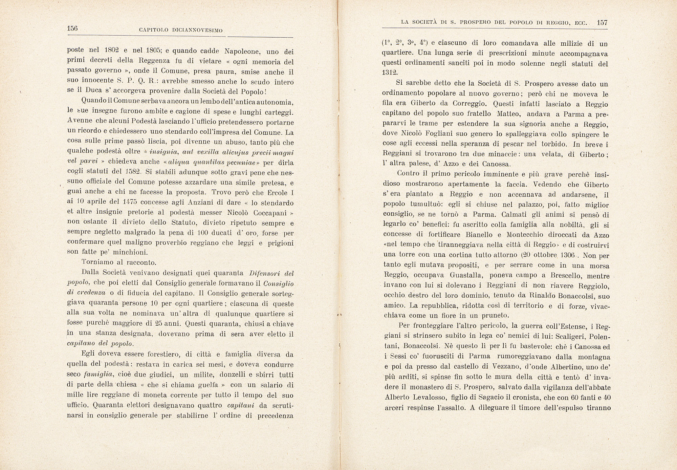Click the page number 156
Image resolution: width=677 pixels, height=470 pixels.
pos(72,28)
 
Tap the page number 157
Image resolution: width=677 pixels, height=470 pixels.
pos(602,23)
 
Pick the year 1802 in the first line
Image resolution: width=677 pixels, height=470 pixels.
pos(111,50)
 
